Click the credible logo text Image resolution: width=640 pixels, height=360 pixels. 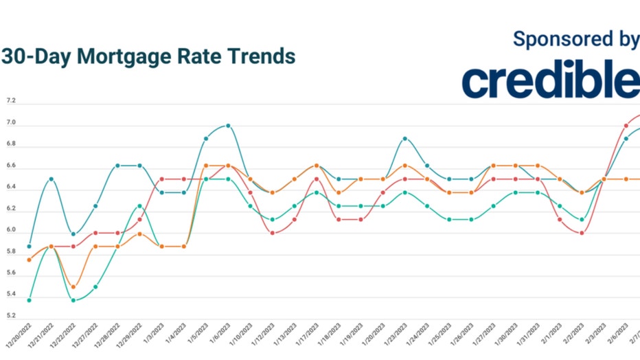(x=550, y=80)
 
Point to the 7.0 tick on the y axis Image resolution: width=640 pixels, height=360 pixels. (x=11, y=123)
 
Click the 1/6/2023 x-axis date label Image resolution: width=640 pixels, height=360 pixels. (x=221, y=337)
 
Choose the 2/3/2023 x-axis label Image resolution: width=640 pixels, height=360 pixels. (x=596, y=337)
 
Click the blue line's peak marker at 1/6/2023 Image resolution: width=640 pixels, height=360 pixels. (x=228, y=126)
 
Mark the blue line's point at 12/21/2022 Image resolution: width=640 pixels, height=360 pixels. (x=52, y=179)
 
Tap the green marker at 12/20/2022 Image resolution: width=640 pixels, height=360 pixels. (x=29, y=300)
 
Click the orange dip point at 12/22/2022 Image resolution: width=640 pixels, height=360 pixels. (x=73, y=287)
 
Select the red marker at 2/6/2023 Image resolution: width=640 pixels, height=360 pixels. (x=626, y=126)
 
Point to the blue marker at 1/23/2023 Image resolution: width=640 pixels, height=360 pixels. (x=404, y=139)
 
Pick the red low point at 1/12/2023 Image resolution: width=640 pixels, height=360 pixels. (x=272, y=233)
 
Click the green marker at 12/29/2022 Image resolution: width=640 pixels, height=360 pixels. (x=139, y=206)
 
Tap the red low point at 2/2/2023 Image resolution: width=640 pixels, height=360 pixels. (x=582, y=233)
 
